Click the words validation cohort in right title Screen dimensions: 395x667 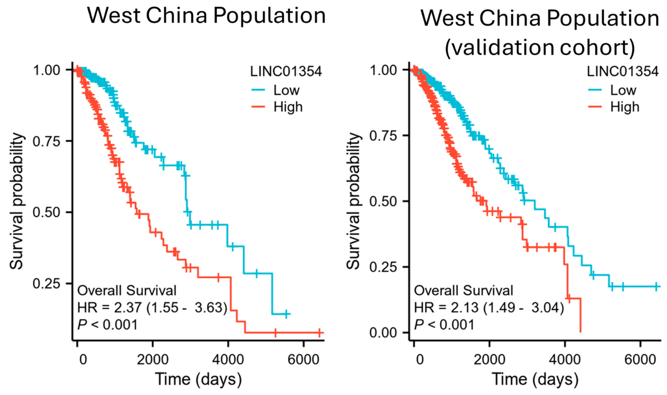point(540,47)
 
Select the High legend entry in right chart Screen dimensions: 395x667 point(624,107)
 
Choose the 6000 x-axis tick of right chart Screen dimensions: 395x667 point(640,360)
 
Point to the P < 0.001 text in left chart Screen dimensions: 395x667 point(107,325)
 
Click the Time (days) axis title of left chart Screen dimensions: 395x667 point(198,379)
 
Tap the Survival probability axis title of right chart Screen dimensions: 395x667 point(354,201)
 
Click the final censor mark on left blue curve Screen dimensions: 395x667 point(286,314)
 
